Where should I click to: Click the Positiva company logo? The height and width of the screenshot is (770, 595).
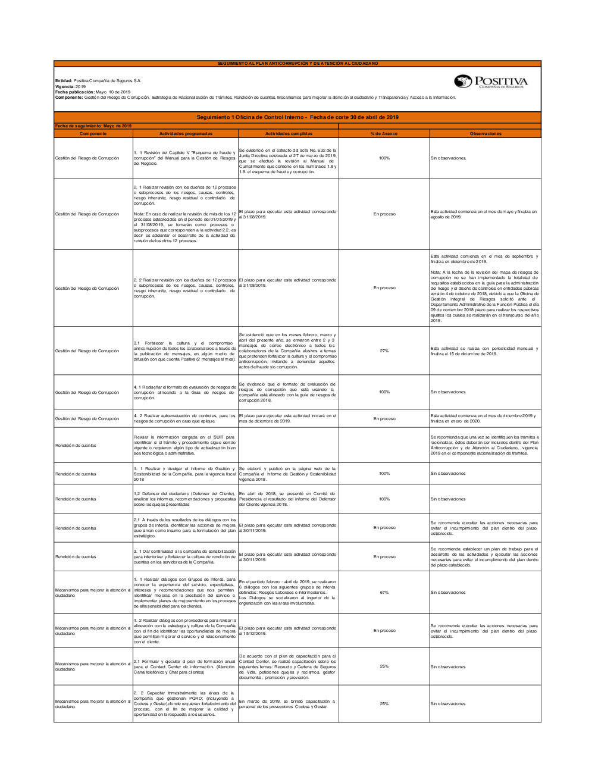(x=491, y=82)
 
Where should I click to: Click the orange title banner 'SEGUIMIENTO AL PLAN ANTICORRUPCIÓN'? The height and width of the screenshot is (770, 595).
(x=297, y=63)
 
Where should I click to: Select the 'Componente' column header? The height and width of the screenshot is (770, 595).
(x=93, y=134)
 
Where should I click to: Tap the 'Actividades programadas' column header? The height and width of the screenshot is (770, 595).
(x=186, y=134)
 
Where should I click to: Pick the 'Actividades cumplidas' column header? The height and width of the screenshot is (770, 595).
(x=289, y=134)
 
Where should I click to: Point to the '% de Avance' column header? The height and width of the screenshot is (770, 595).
(x=384, y=134)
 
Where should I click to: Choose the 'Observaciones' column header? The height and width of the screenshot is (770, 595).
(x=486, y=134)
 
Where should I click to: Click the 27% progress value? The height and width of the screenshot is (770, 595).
(x=384, y=351)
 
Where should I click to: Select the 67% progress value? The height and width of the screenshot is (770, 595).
(x=384, y=593)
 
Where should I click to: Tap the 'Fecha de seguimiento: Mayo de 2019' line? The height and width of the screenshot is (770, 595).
(x=93, y=126)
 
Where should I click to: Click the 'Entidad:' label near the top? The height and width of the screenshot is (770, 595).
(x=64, y=81)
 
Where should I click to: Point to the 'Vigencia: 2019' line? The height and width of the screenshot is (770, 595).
(x=70, y=87)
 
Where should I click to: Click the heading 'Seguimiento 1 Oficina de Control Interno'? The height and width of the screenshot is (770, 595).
(x=297, y=117)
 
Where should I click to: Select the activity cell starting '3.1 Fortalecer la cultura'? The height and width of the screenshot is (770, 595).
(x=185, y=351)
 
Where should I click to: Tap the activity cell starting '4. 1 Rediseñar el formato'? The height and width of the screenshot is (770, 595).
(x=185, y=393)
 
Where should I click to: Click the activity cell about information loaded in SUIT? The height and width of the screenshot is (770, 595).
(x=185, y=445)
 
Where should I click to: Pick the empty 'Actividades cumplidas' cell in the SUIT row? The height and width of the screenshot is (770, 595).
(x=289, y=445)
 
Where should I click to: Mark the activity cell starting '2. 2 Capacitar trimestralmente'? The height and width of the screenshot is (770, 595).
(x=185, y=704)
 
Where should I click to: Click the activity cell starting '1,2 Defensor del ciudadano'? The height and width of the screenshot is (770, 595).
(x=185, y=499)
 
